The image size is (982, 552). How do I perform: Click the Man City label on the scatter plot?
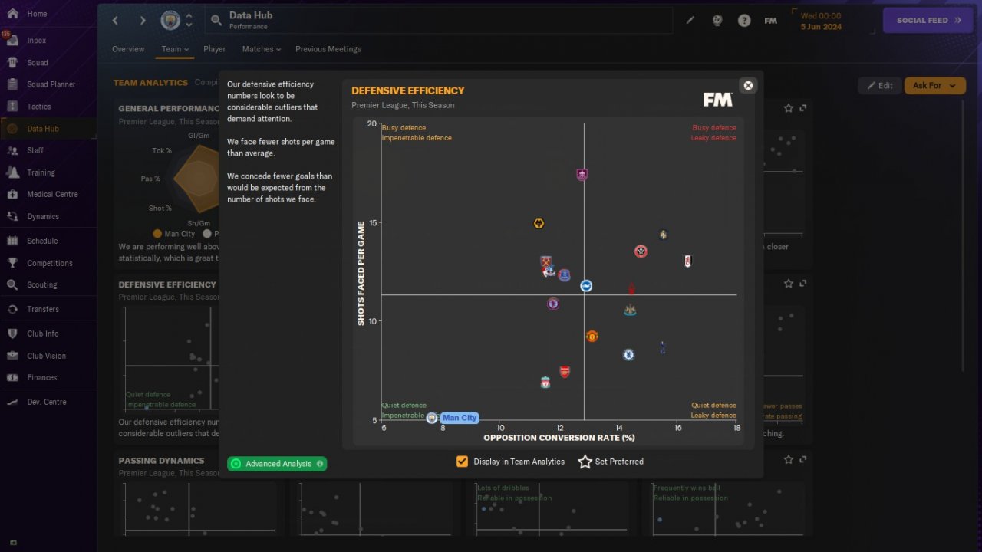[460, 418]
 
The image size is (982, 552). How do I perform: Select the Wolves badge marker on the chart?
[539, 224]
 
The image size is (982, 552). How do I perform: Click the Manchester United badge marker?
[592, 337]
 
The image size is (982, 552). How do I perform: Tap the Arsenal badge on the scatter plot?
[565, 372]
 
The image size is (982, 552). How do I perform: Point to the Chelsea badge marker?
[628, 354]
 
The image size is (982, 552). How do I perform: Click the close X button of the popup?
[748, 86]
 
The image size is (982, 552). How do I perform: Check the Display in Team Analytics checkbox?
[462, 462]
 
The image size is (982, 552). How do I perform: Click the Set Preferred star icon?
[585, 462]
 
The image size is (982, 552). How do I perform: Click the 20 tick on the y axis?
[372, 124]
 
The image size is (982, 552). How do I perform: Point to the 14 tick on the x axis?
[618, 428]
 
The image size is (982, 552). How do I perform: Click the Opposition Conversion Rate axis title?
[559, 438]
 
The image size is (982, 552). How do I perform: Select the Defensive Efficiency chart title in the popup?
[408, 90]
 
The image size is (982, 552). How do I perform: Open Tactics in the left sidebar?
[38, 107]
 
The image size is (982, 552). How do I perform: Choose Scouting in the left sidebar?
[41, 284]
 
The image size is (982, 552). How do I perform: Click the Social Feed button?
[928, 21]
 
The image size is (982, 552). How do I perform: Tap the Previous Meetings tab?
[328, 49]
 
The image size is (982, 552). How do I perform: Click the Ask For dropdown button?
[934, 85]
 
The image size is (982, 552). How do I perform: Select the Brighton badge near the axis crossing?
[586, 286]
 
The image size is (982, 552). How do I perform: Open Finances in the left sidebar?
[41, 377]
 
